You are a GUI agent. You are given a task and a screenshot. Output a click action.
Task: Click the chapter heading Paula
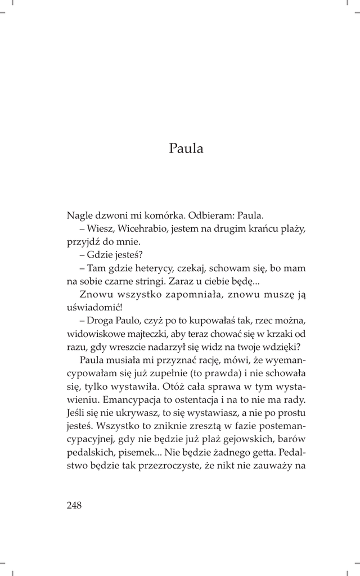[x=185, y=149]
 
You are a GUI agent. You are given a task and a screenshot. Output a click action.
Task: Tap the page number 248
[x=74, y=505]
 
